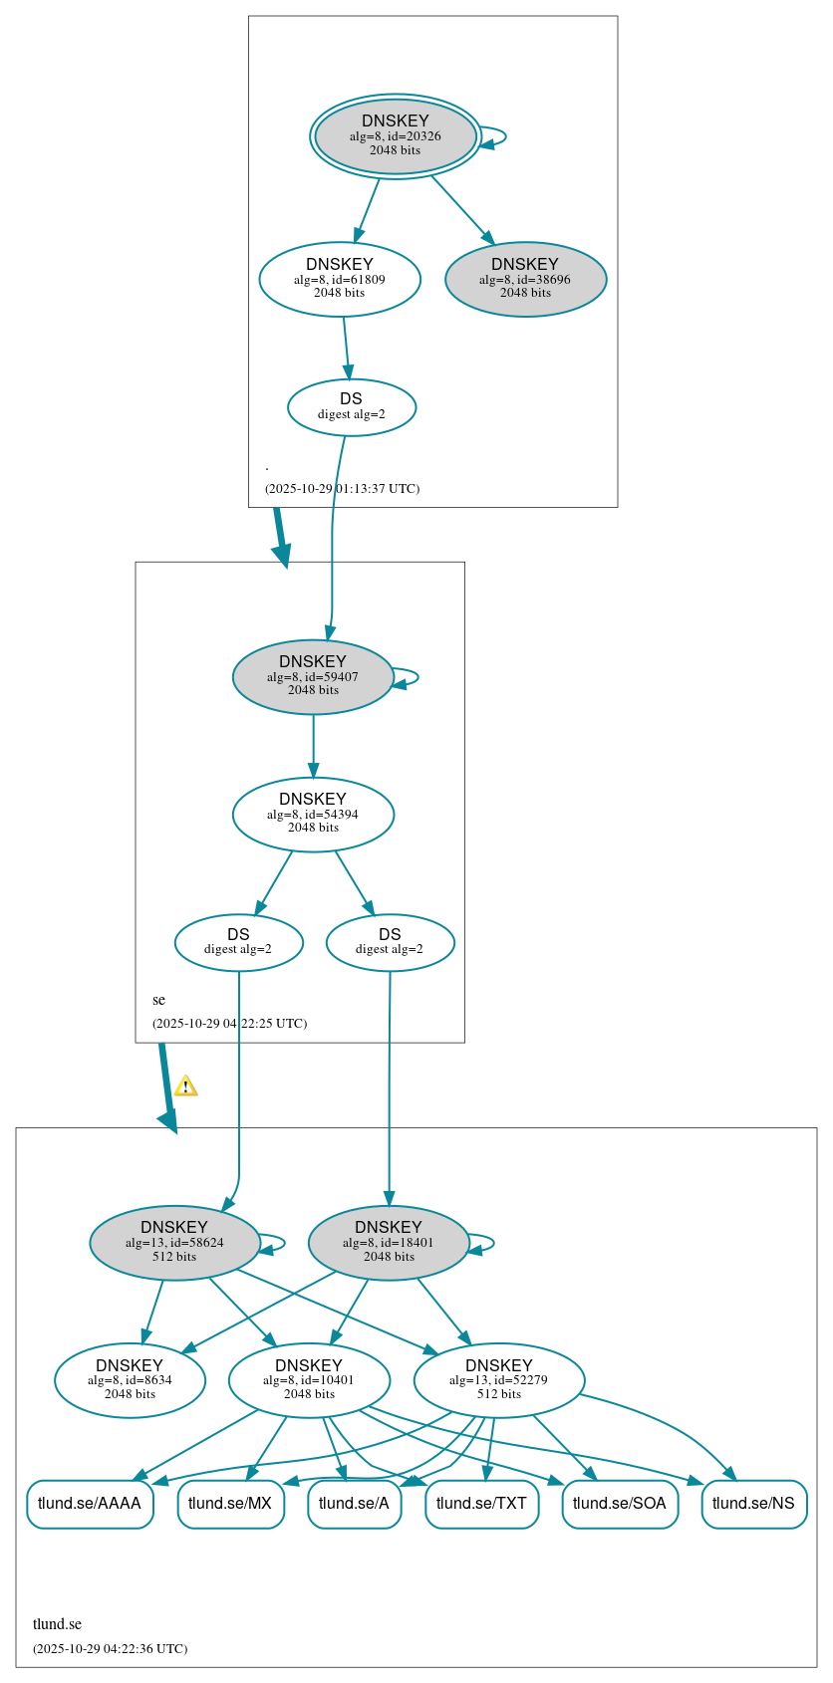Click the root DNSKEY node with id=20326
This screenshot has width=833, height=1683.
tap(396, 136)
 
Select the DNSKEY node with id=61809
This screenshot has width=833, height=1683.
tap(340, 280)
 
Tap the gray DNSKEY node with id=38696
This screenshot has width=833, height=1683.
tap(525, 280)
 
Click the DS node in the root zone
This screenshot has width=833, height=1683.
tap(351, 406)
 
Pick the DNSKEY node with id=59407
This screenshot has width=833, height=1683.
tap(313, 677)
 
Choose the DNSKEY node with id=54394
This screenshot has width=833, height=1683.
tap(313, 815)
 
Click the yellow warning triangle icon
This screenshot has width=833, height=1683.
tap(185, 1086)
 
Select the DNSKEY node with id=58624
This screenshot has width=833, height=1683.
tap(174, 1243)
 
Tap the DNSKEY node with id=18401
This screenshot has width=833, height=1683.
tap(389, 1243)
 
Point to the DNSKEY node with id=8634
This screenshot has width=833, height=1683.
tap(130, 1380)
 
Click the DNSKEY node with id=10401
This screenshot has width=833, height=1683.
tap(309, 1380)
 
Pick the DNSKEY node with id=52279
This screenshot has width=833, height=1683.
tap(498, 1380)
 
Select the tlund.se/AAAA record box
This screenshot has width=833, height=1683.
tap(90, 1504)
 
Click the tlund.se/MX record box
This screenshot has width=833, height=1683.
tap(230, 1504)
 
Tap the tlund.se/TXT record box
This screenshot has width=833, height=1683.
tap(481, 1504)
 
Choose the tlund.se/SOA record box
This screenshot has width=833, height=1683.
tap(620, 1504)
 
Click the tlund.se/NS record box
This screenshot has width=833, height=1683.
tap(753, 1504)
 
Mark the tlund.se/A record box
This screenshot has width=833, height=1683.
tap(354, 1504)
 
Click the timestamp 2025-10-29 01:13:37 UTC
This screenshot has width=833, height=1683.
tap(342, 489)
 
